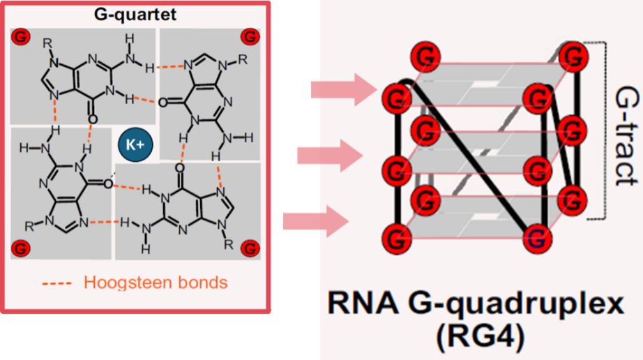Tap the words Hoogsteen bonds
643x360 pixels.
coord(155,283)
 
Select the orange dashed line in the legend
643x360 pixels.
coord(59,283)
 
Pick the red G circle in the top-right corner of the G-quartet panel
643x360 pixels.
coord(249,36)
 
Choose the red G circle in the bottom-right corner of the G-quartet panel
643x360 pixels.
coord(249,247)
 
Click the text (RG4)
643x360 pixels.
coord(481,338)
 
